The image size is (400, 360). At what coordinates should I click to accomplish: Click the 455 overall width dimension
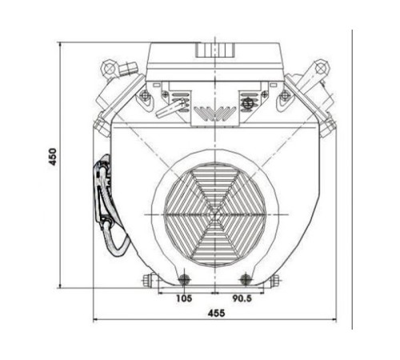(x=214, y=312)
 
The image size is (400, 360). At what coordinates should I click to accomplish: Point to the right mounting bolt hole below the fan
(x=246, y=278)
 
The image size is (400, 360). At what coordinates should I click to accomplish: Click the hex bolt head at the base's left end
(x=147, y=280)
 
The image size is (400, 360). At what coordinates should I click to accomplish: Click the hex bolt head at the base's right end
(x=276, y=280)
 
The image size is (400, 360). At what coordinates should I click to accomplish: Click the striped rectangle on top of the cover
(x=214, y=48)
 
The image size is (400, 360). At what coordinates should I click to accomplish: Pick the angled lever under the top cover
(x=171, y=108)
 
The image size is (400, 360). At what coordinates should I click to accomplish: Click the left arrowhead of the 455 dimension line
(x=97, y=322)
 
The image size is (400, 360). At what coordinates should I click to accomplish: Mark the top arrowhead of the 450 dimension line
(x=62, y=42)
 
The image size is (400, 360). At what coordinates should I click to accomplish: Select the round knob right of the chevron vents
(x=248, y=102)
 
